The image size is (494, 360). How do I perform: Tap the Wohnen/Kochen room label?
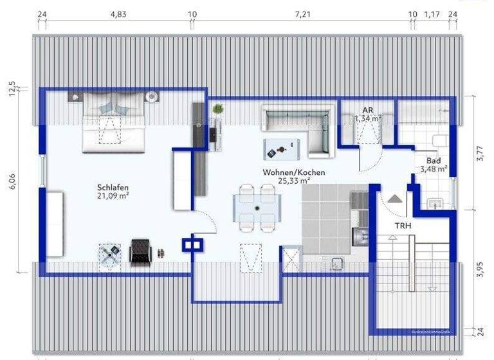293,173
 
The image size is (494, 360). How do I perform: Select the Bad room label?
433,161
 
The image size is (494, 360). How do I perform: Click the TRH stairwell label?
403,226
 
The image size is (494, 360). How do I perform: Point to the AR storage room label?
368,110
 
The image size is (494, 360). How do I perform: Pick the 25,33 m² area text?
293,181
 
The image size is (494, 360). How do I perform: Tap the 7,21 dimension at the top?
303,14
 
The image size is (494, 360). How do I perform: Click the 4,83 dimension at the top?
118,14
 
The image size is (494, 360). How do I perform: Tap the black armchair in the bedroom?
139,251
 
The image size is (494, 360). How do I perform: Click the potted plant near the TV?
217,109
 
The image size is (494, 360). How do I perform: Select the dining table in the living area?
256,208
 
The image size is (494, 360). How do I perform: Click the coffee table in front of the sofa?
282,149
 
